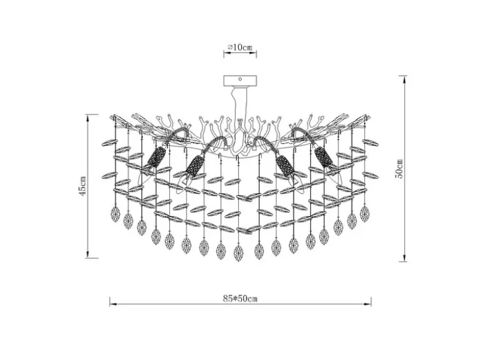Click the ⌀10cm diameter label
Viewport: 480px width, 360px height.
coord(240,47)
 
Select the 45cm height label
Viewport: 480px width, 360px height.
coord(82,186)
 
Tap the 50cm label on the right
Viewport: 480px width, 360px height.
coord(399,169)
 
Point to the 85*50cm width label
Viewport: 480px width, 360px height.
coord(240,298)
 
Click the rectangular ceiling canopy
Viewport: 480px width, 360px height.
coord(240,81)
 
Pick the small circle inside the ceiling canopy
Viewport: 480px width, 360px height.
coord(240,79)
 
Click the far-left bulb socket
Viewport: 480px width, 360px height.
coord(157,156)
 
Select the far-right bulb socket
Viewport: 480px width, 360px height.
coord(324,156)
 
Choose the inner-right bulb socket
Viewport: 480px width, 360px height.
coord(286,166)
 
